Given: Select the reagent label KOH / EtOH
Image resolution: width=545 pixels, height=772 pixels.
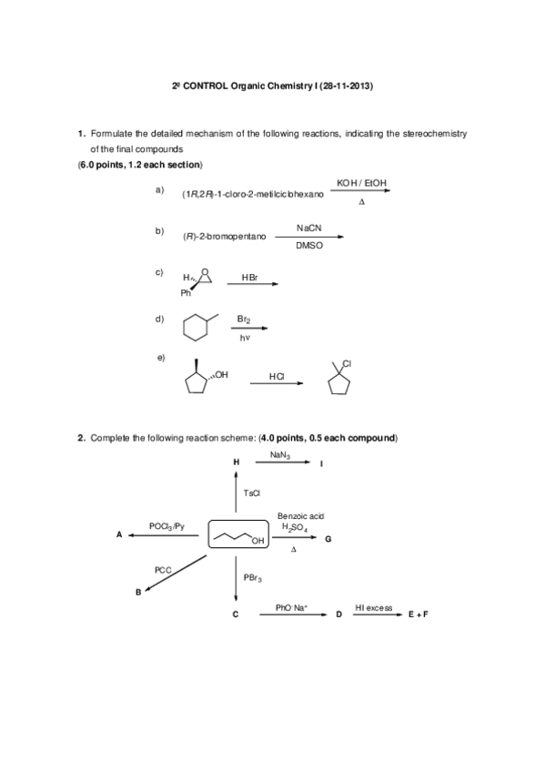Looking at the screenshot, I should click(x=361, y=184).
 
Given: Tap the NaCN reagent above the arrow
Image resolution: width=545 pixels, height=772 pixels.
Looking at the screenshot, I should click(x=309, y=228).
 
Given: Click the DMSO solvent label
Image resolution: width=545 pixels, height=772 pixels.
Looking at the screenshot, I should click(x=309, y=245).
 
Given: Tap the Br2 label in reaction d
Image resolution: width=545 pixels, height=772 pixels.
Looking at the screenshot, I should click(x=244, y=320).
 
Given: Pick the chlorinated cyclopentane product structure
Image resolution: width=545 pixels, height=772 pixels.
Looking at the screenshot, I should click(x=338, y=381).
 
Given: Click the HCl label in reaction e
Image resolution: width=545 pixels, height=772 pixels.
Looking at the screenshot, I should click(x=277, y=375).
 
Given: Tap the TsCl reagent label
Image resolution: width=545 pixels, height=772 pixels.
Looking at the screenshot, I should click(x=252, y=493).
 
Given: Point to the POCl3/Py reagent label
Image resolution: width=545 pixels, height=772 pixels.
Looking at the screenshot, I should click(x=167, y=526).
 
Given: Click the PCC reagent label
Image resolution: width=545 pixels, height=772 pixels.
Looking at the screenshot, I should click(x=163, y=569).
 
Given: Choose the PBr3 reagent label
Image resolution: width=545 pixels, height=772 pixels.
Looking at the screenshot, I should click(x=253, y=577).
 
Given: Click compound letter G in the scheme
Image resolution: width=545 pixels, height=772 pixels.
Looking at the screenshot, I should click(x=328, y=540).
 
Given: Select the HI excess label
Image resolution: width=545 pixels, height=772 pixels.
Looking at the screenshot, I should click(x=374, y=607).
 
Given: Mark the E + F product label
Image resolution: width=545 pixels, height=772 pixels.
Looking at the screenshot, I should click(x=418, y=615).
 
